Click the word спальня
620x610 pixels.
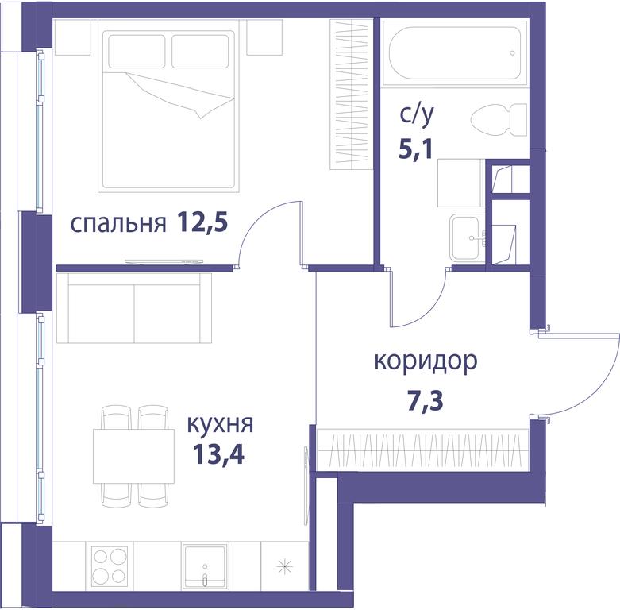click(x=117, y=224)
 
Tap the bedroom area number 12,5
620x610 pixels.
click(x=202, y=222)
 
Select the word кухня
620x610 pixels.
click(x=219, y=424)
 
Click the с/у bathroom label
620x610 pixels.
click(x=416, y=114)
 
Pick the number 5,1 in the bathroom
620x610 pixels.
click(x=416, y=149)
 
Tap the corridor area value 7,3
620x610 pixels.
click(x=426, y=400)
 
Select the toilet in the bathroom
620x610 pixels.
click(x=499, y=120)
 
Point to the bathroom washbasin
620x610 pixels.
click(x=468, y=237)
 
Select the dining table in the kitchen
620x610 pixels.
click(x=133, y=456)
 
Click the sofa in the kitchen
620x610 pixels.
click(x=134, y=307)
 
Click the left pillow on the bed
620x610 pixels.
click(x=137, y=52)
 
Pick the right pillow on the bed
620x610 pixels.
click(x=200, y=52)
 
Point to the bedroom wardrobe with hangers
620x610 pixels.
click(x=352, y=95)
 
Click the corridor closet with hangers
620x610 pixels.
click(x=423, y=450)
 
